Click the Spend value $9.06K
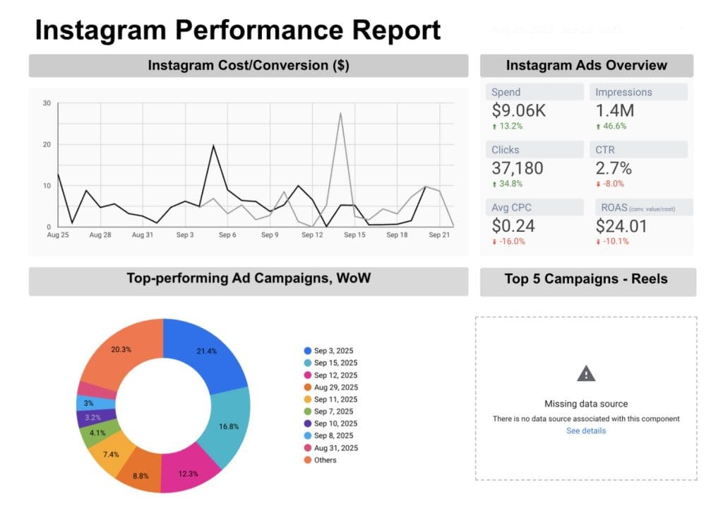click(518, 111)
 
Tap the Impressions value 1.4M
click(614, 111)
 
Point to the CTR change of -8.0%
click(612, 183)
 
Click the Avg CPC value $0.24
click(513, 226)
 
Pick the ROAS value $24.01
click(621, 226)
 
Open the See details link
click(586, 431)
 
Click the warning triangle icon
click(586, 374)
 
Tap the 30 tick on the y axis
click(47, 103)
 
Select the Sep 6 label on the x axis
click(227, 235)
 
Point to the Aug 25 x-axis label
click(58, 235)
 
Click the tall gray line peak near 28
click(340, 112)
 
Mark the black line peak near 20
click(213, 146)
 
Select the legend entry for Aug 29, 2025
click(335, 387)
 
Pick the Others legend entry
click(325, 460)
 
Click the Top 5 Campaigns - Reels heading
click(586, 279)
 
